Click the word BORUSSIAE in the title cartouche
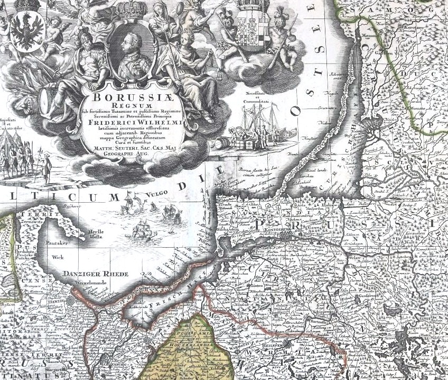(x=133, y=98)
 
